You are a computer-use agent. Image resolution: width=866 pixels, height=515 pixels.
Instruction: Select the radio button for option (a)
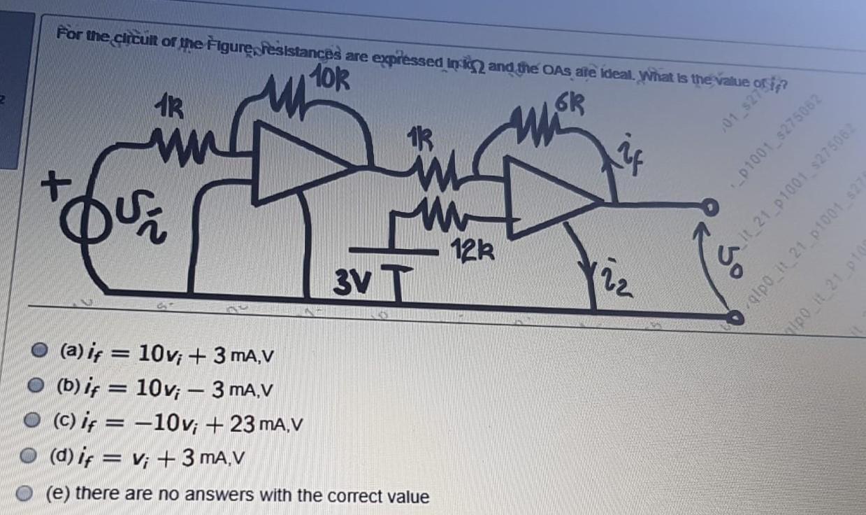[x=43, y=351]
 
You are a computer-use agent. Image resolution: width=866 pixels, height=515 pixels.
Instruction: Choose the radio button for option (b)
[x=34, y=385]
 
